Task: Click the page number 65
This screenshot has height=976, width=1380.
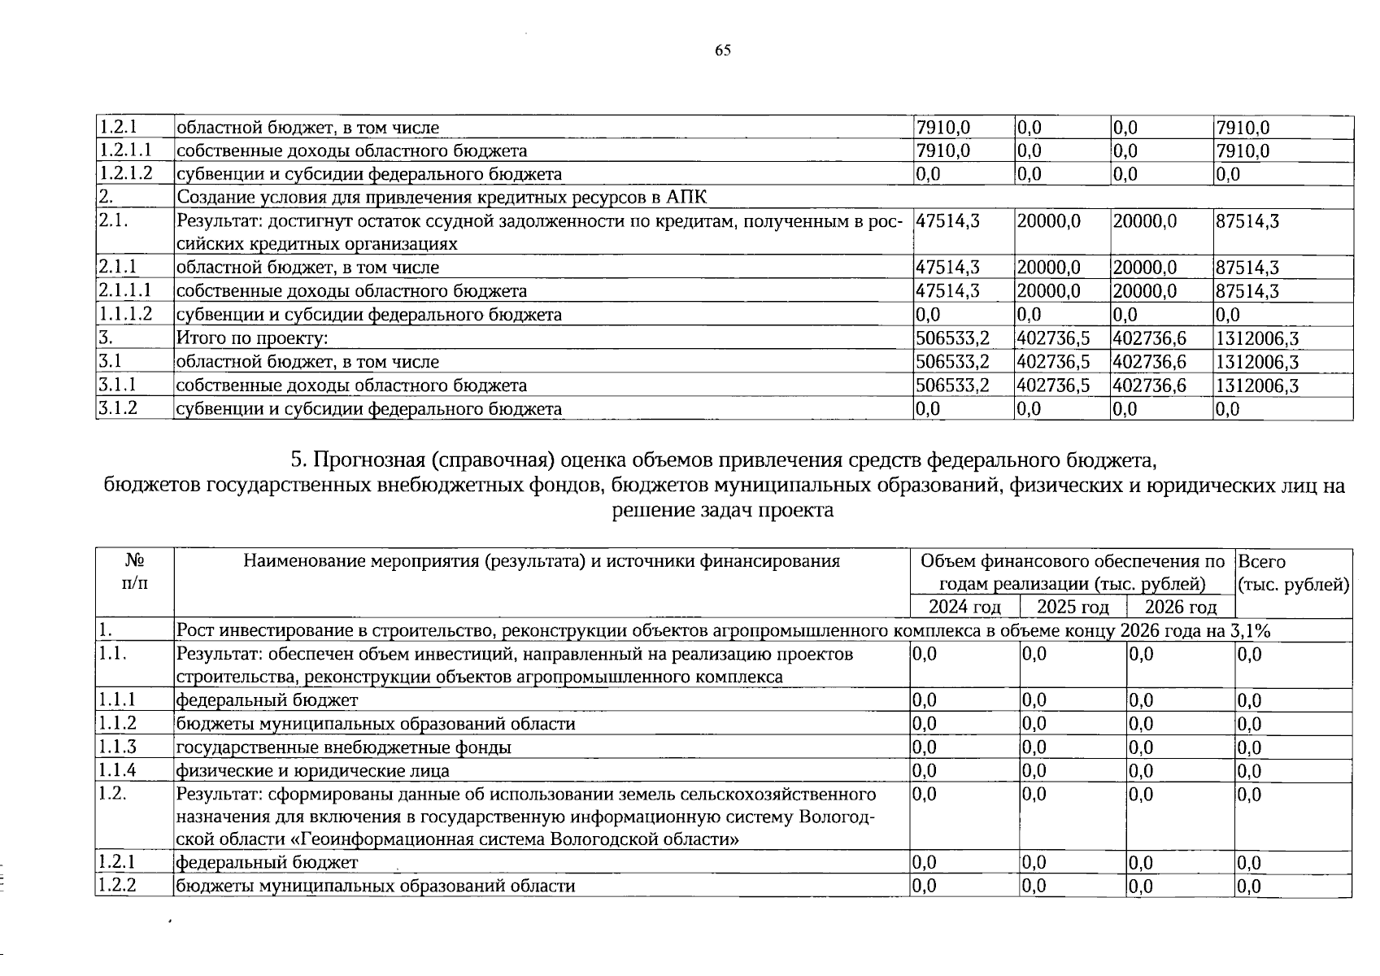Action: point(723,50)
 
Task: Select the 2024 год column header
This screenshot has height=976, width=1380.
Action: point(964,608)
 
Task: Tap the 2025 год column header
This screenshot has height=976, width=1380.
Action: point(1073,608)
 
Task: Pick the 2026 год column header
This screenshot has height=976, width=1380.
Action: point(1181,608)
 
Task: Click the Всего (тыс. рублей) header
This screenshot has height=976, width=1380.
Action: point(1293,573)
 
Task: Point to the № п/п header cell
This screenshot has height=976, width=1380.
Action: point(135,572)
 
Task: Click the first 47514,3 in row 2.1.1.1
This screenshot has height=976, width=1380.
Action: point(947,291)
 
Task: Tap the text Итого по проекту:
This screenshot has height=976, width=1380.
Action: point(252,338)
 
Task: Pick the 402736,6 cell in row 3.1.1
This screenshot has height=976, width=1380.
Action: point(1149,386)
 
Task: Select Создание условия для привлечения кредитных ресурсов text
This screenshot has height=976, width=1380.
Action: point(442,198)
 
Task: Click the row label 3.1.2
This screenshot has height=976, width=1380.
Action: point(117,408)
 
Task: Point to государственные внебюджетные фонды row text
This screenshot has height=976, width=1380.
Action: point(344,747)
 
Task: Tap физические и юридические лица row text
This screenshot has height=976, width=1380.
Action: point(313,771)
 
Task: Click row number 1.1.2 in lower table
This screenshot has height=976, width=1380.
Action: point(117,724)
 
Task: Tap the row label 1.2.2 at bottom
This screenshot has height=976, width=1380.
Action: point(117,886)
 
